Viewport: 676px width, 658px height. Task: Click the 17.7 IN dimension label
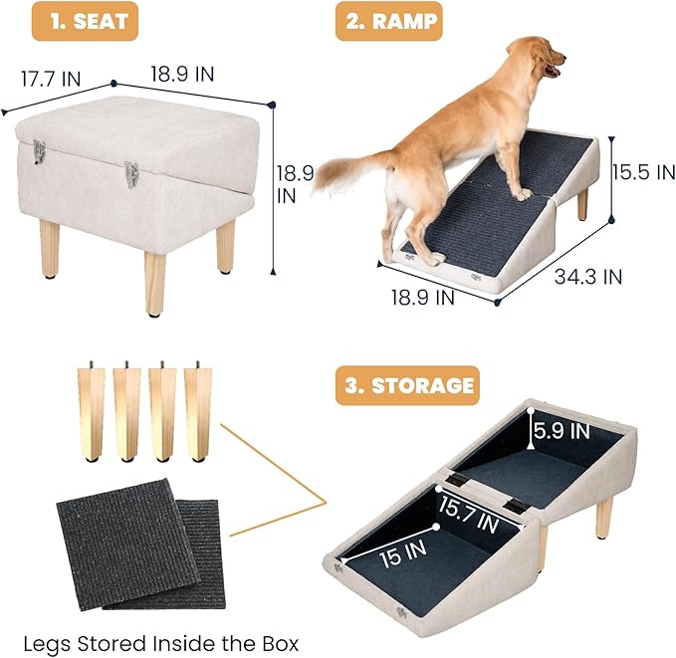(x=53, y=76)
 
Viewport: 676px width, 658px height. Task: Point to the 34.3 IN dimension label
(x=588, y=275)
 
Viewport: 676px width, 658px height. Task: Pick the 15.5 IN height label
(x=643, y=171)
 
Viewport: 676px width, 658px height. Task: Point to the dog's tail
(x=353, y=170)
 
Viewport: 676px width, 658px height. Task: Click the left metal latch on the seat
(x=39, y=151)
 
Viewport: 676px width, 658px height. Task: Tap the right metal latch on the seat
(x=130, y=173)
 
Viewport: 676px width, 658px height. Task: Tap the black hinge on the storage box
(x=514, y=505)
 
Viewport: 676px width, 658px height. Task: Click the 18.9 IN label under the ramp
(x=422, y=296)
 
